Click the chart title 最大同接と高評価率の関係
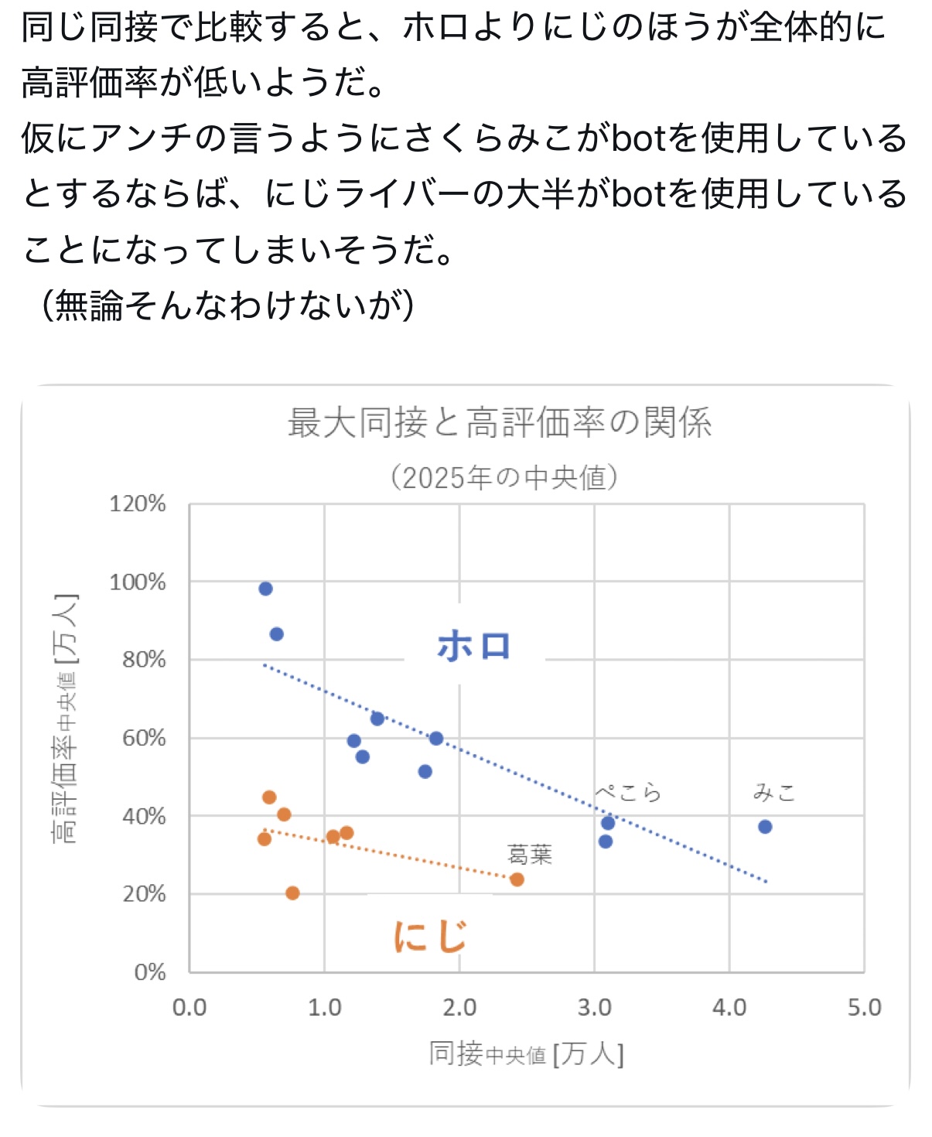coord(500,423)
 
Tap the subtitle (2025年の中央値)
coord(504,477)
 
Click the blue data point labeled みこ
coord(765,827)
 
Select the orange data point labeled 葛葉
coord(517,879)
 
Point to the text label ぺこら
coord(628,793)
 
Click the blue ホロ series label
coord(474,647)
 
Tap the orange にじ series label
coord(430,936)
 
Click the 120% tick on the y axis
coord(138,504)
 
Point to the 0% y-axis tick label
coord(149,972)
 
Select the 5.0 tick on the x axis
coord(864,1008)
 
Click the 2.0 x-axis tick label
coord(459,1008)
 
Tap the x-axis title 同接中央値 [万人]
coord(526,1054)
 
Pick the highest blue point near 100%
coord(265,589)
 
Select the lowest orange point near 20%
coord(292,893)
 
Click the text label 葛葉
coord(530,855)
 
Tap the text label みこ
coord(774,793)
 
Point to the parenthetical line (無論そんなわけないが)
coord(228,306)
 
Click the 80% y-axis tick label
coord(144,660)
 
